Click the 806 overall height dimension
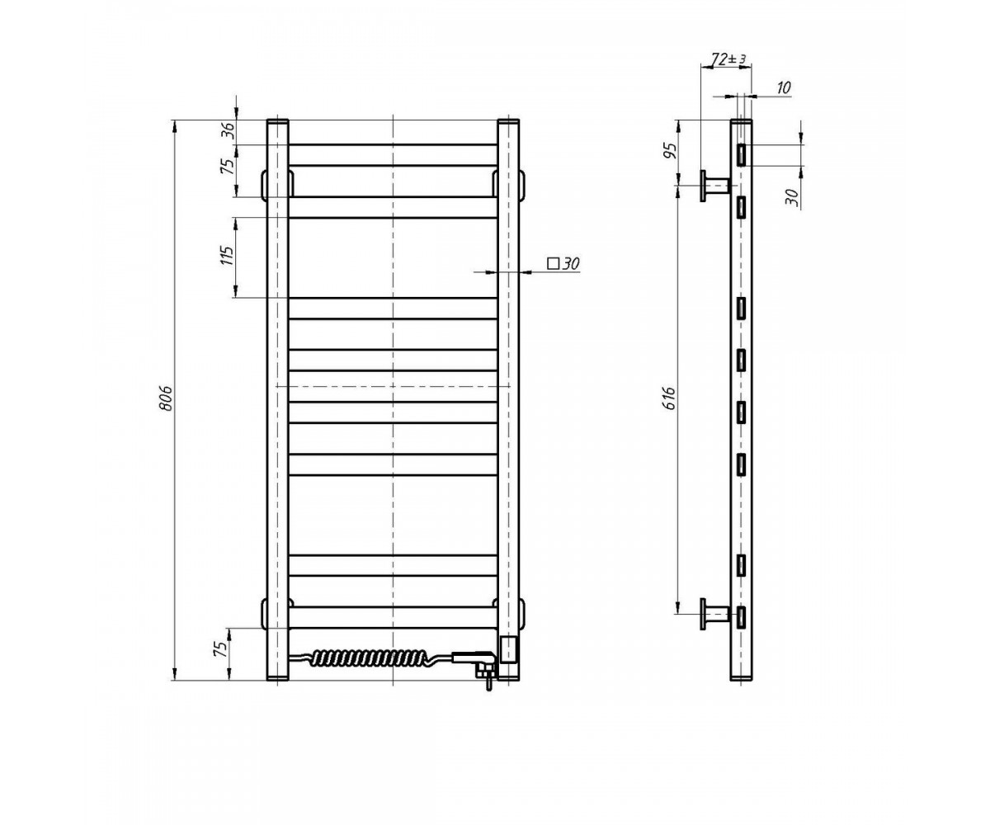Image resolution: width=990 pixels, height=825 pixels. (x=166, y=398)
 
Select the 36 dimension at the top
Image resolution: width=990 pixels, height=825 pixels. (x=228, y=129)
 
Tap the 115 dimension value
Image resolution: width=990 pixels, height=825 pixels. (x=228, y=256)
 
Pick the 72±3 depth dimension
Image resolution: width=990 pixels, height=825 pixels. (x=729, y=59)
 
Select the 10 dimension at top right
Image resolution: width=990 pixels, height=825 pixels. (x=783, y=87)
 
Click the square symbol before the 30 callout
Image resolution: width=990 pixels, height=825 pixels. (x=553, y=263)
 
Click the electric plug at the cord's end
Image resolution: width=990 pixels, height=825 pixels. (x=475, y=662)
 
